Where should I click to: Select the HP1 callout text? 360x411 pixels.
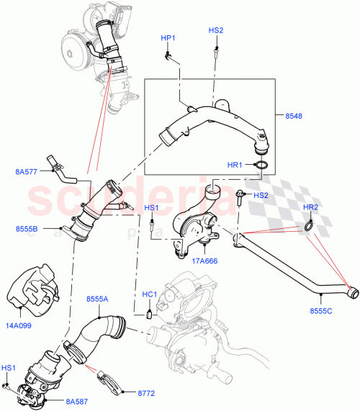pos(167,37)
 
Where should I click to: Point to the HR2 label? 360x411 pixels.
pos(310,207)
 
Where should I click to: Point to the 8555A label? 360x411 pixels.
pos(98,298)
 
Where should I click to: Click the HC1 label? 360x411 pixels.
pos(150,295)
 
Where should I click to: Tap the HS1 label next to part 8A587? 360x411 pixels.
pos(8,368)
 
